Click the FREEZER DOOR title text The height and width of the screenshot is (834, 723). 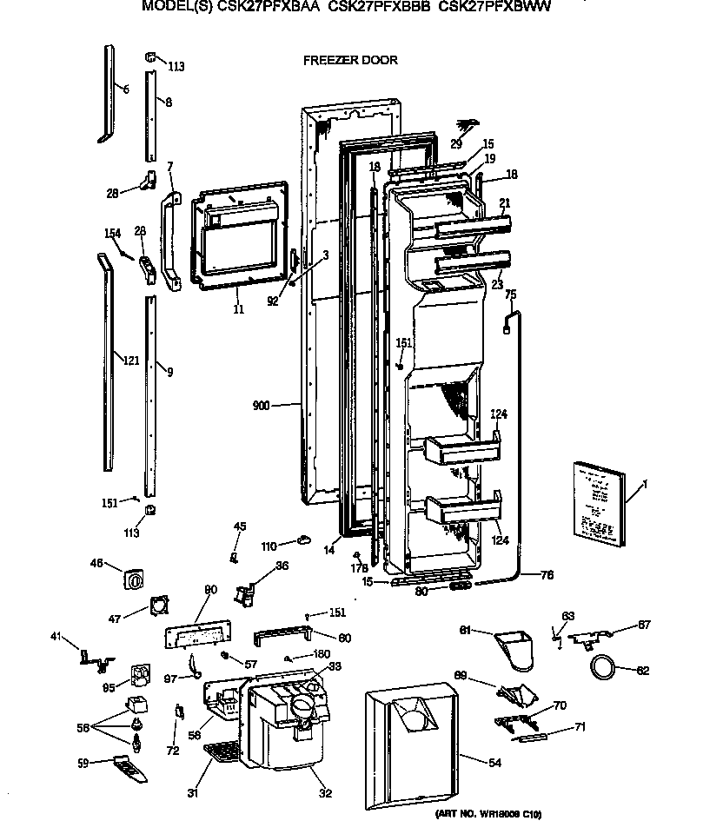tap(350, 60)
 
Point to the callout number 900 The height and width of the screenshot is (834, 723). tap(262, 405)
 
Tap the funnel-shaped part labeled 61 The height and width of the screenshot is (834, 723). tap(515, 651)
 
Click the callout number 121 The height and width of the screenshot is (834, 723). tap(129, 360)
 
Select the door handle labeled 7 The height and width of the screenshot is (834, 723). tap(169, 240)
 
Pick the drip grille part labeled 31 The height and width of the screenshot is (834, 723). tap(222, 752)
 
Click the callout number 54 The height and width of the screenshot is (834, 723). tap(494, 762)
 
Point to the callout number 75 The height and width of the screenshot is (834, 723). tap(511, 295)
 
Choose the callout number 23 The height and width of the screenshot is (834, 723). tap(496, 282)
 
